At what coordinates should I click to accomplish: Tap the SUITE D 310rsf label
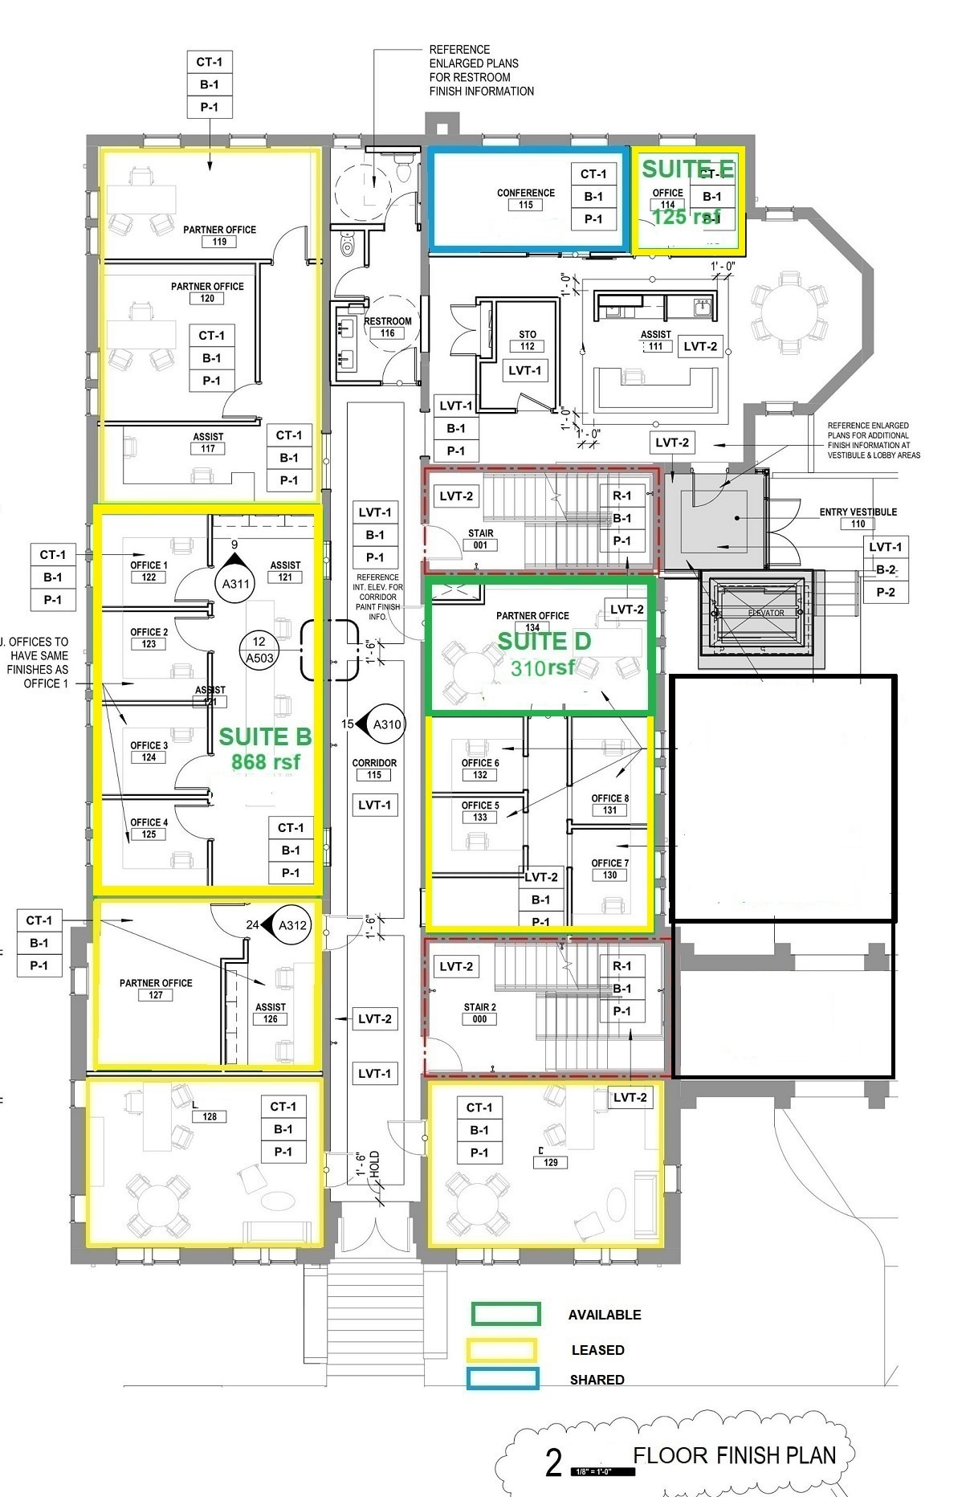[x=544, y=653]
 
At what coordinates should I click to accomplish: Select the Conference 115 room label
[x=526, y=198]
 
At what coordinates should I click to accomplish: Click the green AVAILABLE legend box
[x=506, y=1314]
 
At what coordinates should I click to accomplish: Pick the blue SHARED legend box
[x=503, y=1379]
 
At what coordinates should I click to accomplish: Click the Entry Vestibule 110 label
[x=858, y=517]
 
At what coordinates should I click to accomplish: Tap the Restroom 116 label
[x=387, y=326]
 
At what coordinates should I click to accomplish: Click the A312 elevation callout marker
[x=288, y=925]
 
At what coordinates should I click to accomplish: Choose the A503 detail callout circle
[x=259, y=649]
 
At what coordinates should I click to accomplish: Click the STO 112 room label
[x=527, y=340]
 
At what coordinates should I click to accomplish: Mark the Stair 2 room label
[x=479, y=1012]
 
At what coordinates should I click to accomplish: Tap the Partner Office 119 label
[x=219, y=235]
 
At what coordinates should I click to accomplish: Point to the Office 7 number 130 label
[x=609, y=875]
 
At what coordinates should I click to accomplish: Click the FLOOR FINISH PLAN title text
[x=734, y=1455]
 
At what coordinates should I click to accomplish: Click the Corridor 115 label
[x=374, y=769]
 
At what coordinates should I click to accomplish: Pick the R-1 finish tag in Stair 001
[x=622, y=496]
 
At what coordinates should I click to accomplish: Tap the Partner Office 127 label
[x=156, y=988]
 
